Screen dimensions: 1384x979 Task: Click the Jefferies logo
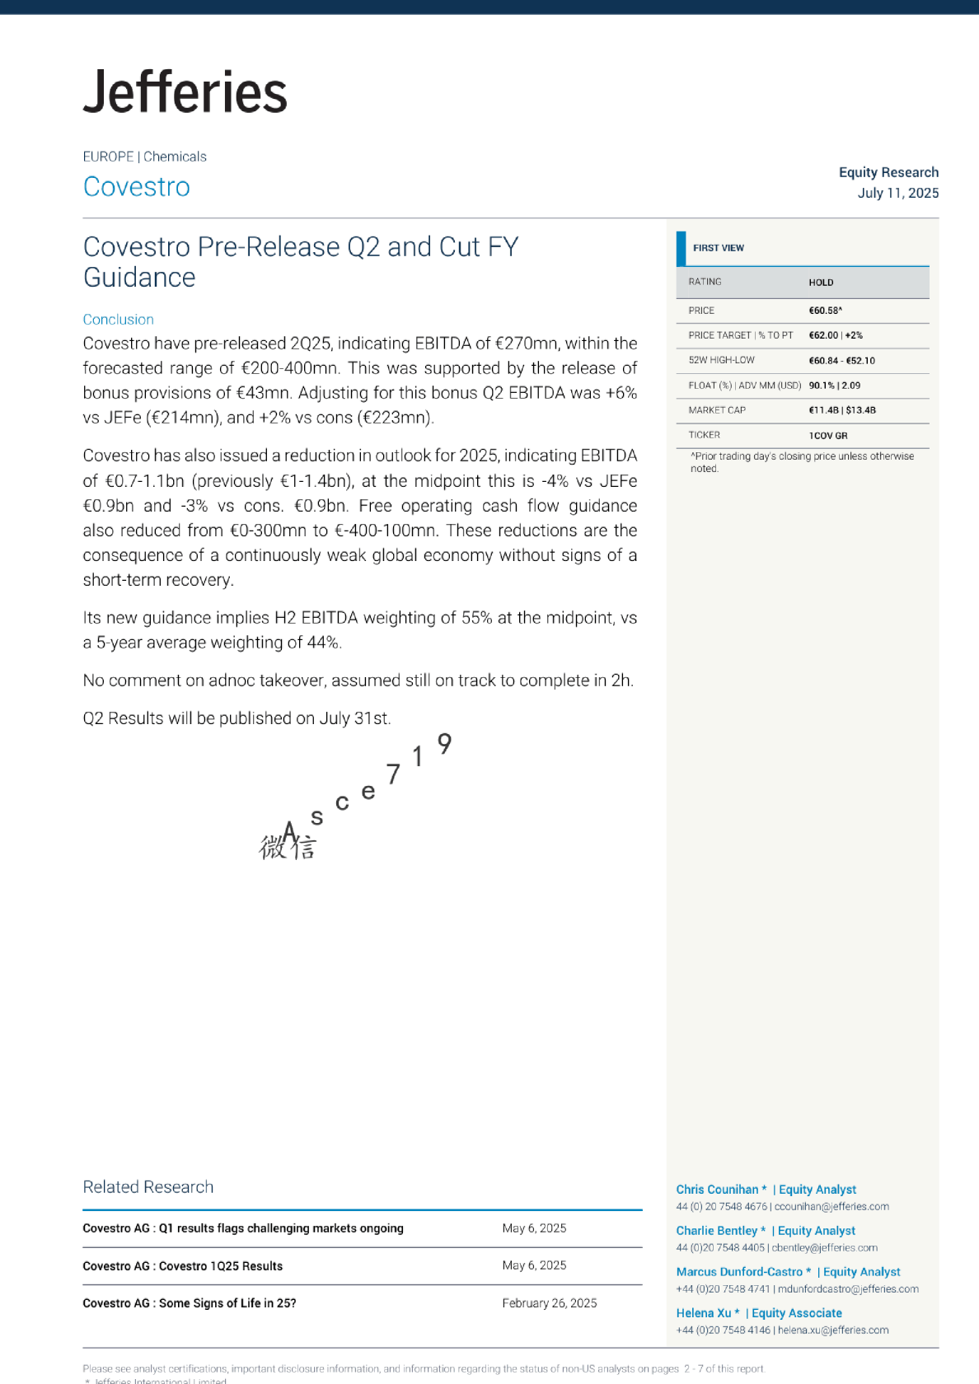pos(185,91)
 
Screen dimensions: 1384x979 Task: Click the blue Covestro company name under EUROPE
pos(137,187)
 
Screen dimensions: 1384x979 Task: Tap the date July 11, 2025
pos(897,193)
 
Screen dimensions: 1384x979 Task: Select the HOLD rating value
pos(821,283)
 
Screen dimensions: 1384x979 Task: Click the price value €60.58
pos(825,311)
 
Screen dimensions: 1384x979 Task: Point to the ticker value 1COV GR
pos(827,436)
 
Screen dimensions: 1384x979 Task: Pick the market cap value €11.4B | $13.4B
pos(841,410)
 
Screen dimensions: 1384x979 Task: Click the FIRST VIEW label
pos(718,248)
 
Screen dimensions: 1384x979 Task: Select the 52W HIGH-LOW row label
pos(721,360)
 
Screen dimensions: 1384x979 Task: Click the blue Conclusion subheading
pos(118,320)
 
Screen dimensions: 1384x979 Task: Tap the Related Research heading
pos(148,1187)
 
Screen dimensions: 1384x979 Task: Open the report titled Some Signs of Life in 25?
pos(190,1303)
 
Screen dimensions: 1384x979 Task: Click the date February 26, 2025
pos(549,1303)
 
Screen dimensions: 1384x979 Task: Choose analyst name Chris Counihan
pos(717,1190)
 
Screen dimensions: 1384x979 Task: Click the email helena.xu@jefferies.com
pos(833,1330)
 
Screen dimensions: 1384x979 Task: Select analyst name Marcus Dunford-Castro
pos(739,1272)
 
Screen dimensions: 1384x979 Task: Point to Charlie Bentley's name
pos(716,1231)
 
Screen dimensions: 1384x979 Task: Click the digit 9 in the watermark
pos(444,744)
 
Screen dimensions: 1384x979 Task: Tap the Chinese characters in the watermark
pos(288,847)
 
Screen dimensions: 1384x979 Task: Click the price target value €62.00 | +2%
pos(835,335)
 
